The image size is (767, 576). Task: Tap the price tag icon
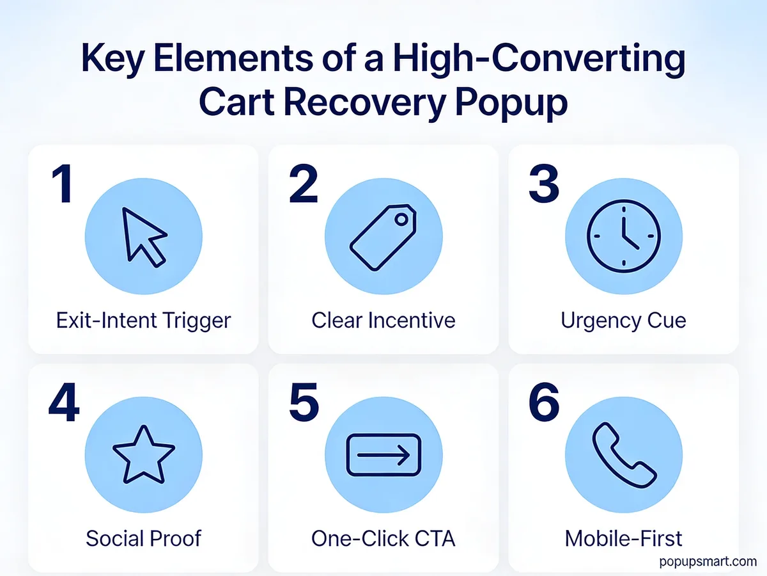click(383, 237)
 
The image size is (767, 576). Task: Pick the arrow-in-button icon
click(383, 456)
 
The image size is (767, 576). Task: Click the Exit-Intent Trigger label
click(143, 320)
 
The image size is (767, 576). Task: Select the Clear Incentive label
click(383, 320)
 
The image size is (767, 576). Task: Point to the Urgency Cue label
click(623, 320)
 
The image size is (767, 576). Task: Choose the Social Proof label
click(143, 539)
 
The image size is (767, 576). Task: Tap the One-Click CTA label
click(383, 539)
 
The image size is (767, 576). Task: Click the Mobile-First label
click(623, 539)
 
